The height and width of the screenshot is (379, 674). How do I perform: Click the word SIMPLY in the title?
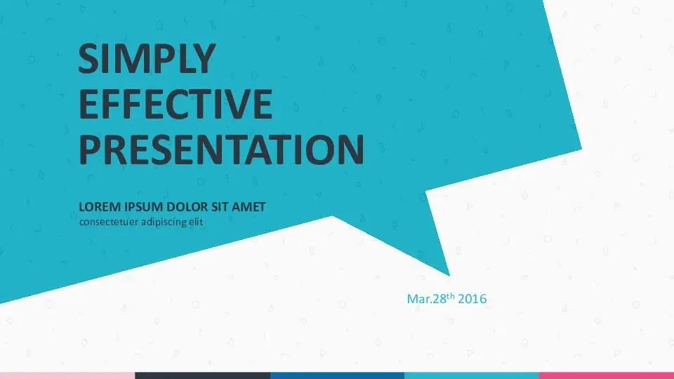tap(147, 59)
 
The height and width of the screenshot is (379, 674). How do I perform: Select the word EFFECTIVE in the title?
tap(176, 104)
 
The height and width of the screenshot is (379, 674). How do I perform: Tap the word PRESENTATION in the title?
tap(221, 149)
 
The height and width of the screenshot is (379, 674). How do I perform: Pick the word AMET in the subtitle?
tap(249, 207)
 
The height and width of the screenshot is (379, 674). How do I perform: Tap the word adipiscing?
tap(164, 222)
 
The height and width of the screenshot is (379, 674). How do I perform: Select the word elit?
tap(196, 222)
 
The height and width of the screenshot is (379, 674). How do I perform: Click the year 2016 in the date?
tap(472, 299)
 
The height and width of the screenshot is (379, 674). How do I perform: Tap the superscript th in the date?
tap(451, 295)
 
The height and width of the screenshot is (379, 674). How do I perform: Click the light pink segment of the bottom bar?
tap(67, 375)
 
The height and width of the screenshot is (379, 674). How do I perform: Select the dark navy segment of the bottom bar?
tap(202, 375)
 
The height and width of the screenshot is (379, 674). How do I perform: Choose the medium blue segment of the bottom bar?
tap(338, 375)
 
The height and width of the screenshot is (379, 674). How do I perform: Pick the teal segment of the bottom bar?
tap(472, 375)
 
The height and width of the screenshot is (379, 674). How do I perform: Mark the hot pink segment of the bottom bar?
tap(607, 375)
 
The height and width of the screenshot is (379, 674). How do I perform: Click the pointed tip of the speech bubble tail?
tap(449, 275)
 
